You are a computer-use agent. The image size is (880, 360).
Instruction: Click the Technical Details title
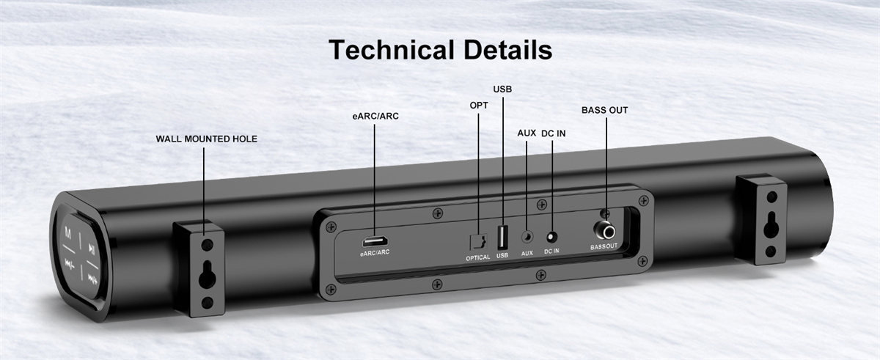[x=441, y=50]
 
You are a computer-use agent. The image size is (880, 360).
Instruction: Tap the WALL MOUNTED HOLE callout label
[x=207, y=139]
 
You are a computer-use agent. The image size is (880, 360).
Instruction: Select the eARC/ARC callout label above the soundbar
[x=375, y=116]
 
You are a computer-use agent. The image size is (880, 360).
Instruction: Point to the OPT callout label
[x=479, y=105]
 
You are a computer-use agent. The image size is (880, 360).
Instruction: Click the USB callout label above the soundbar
[x=502, y=89]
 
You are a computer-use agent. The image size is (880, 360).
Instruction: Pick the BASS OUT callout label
[x=604, y=110]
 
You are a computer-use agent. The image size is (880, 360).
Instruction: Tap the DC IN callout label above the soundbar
[x=554, y=133]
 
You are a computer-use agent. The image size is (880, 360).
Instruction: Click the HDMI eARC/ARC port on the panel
[x=375, y=241]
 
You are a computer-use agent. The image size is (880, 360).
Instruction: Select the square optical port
[x=478, y=242]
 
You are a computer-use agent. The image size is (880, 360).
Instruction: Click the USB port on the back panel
[x=502, y=237]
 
